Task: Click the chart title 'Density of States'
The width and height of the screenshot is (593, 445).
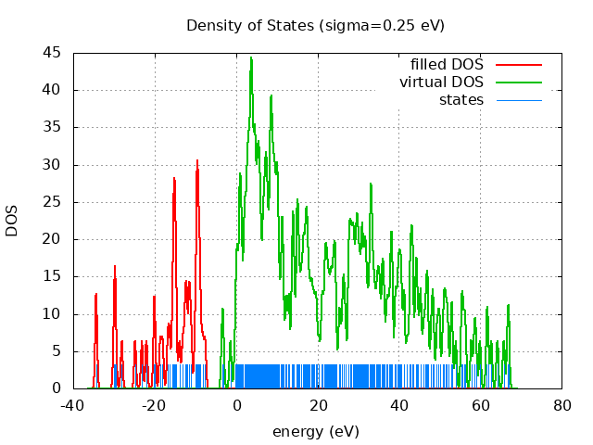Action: [x=250, y=25]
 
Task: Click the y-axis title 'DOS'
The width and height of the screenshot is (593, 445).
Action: [x=12, y=220]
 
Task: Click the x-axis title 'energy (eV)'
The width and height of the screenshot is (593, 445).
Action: [x=315, y=431]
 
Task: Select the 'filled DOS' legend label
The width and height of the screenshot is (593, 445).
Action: [x=447, y=65]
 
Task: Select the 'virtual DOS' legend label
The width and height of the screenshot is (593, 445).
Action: [x=441, y=83]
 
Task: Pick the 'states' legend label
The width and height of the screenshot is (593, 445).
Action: [x=461, y=100]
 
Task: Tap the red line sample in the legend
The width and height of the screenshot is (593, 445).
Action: [x=519, y=65]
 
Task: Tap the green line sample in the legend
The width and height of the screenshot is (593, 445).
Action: [x=519, y=83]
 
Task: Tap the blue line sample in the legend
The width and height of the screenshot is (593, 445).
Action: [x=519, y=100]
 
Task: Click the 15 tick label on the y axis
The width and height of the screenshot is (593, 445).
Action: [x=54, y=276]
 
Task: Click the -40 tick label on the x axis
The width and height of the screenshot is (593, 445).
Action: [x=73, y=405]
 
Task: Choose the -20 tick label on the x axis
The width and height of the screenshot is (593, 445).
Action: [x=155, y=405]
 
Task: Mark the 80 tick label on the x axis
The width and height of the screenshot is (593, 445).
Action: [x=562, y=405]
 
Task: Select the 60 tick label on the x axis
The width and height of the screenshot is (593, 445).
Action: [x=481, y=405]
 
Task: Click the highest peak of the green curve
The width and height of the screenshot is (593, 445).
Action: [x=251, y=58]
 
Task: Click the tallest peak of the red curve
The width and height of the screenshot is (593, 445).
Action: [x=196, y=160]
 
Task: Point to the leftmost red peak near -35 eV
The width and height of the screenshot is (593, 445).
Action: [x=95, y=295]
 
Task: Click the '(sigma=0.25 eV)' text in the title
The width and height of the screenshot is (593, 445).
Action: [x=382, y=25]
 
